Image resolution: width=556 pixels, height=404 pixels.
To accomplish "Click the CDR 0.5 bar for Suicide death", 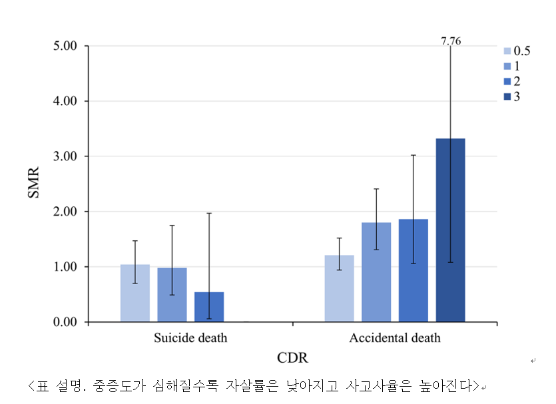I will tap(135, 294).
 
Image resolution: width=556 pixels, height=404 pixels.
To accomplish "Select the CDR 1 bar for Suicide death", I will tap(172, 295).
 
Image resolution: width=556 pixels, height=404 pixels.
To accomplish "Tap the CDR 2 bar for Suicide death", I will tap(209, 307).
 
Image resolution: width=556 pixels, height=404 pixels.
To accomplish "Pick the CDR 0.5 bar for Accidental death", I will tap(340, 289).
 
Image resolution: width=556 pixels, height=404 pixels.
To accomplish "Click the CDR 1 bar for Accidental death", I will tap(376, 272).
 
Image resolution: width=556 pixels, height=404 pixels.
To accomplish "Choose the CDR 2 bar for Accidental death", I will tap(414, 270).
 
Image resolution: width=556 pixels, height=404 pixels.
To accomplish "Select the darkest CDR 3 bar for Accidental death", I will tap(451, 230).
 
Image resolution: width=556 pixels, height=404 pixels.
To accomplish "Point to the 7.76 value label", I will tap(451, 41).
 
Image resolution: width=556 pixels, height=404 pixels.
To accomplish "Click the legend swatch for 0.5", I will tap(507, 51).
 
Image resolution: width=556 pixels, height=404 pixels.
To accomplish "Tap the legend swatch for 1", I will tap(507, 66).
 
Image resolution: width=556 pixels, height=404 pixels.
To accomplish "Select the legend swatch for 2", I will tap(507, 81).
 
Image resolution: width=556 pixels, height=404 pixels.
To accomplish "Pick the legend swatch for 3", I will tap(507, 97).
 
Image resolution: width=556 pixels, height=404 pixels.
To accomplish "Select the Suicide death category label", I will tap(190, 338).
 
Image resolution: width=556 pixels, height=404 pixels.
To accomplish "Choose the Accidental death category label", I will tap(395, 338).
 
